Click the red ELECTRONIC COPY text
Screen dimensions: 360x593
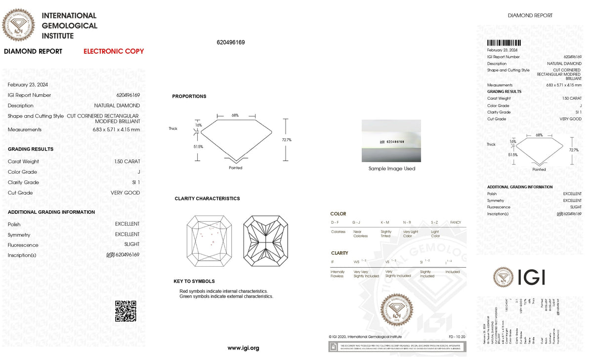pyautogui.click(x=114, y=51)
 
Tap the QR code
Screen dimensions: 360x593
pyautogui.click(x=126, y=311)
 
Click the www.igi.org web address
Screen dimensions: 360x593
pyautogui.click(x=243, y=348)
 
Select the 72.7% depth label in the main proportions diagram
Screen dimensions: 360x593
pyautogui.click(x=287, y=140)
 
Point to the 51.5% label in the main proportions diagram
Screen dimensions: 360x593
pyautogui.click(x=198, y=147)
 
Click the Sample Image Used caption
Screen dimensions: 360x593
pyautogui.click(x=392, y=169)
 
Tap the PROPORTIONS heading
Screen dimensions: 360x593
pyautogui.click(x=189, y=96)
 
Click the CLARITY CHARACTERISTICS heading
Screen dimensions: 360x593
pyautogui.click(x=207, y=199)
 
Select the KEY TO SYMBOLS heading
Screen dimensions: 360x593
pyautogui.click(x=194, y=281)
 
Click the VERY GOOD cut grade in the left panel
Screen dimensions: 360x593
pyautogui.click(x=126, y=193)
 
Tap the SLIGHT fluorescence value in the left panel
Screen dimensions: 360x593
pyautogui.click(x=132, y=244)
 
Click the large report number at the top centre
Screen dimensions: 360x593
pyautogui.click(x=231, y=42)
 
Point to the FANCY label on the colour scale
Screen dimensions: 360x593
pyautogui.click(x=456, y=223)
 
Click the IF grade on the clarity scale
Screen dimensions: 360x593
pyautogui.click(x=333, y=261)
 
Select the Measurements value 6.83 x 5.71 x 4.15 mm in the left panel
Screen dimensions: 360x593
pyautogui.click(x=116, y=130)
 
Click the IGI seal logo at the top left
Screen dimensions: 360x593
pyautogui.click(x=19, y=25)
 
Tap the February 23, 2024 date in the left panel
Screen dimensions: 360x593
pyautogui.click(x=28, y=85)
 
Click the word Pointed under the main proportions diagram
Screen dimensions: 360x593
pyautogui.click(x=236, y=168)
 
